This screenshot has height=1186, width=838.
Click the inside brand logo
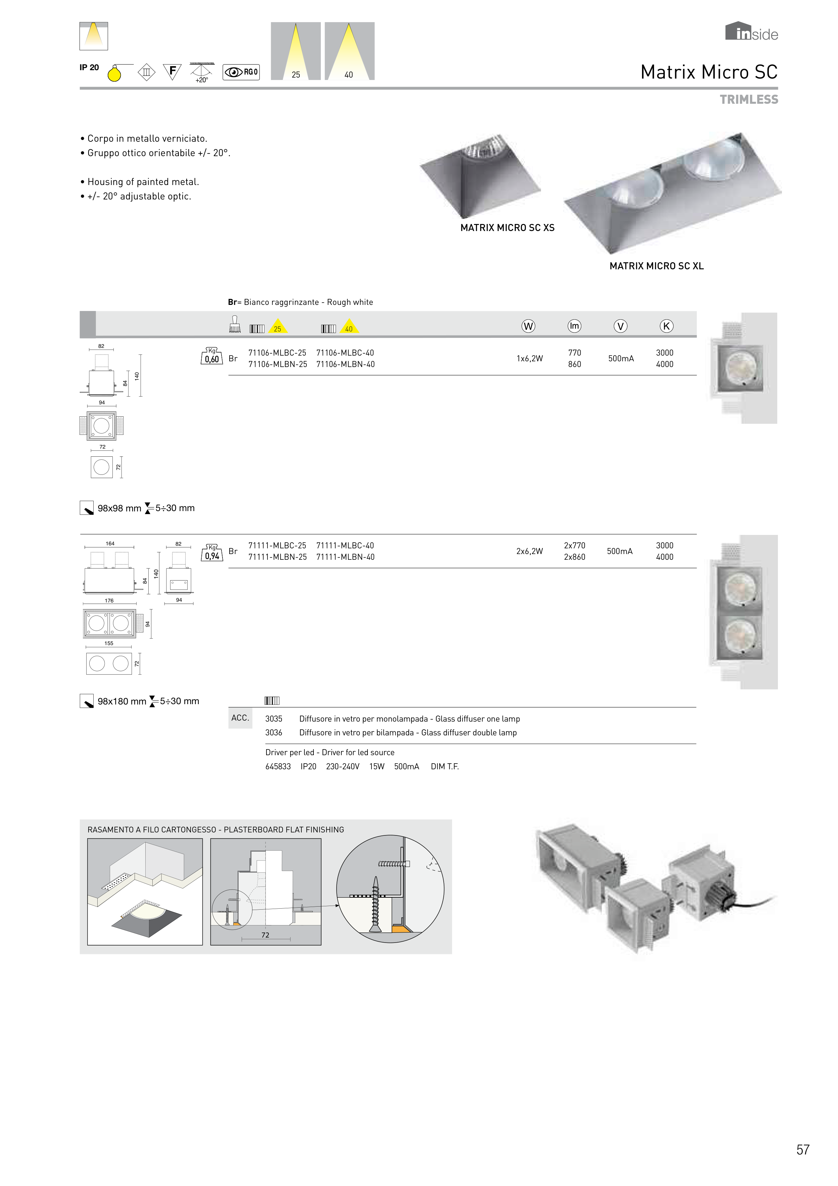pyautogui.click(x=751, y=32)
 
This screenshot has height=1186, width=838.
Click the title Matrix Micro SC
pyautogui.click(x=708, y=72)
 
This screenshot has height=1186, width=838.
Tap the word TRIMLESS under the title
pyautogui.click(x=749, y=100)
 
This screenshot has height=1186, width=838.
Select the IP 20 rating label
pyautogui.click(x=89, y=68)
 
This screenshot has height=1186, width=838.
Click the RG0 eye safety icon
pyautogui.click(x=241, y=72)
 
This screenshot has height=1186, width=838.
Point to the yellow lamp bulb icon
pyautogui.click(x=114, y=74)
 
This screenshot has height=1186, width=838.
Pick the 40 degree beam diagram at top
pyautogui.click(x=349, y=51)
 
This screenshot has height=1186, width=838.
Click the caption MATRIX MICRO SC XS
pyautogui.click(x=507, y=228)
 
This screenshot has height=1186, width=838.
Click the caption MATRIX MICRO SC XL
pyautogui.click(x=656, y=266)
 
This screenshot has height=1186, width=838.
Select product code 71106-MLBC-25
pyautogui.click(x=277, y=353)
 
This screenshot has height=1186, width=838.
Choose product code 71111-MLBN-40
pyautogui.click(x=345, y=557)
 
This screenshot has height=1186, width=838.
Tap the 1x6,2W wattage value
pyautogui.click(x=529, y=359)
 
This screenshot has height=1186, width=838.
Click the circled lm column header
pyautogui.click(x=574, y=326)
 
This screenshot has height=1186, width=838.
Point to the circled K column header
pyautogui.click(x=666, y=326)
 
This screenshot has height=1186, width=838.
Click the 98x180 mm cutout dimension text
pyautogui.click(x=122, y=701)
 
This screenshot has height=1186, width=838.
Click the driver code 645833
pyautogui.click(x=278, y=767)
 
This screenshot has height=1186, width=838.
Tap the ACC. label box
pyautogui.click(x=240, y=718)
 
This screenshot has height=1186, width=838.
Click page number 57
pyautogui.click(x=802, y=1150)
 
